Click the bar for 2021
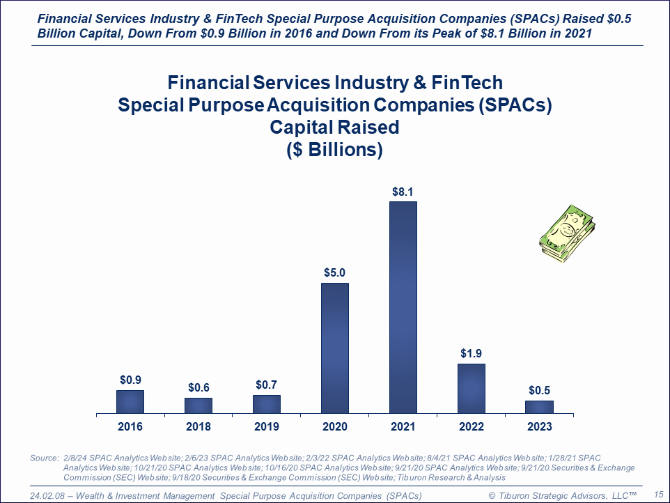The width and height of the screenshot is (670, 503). (403, 307)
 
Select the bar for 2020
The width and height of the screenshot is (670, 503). (334, 348)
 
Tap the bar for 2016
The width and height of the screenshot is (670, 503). (130, 401)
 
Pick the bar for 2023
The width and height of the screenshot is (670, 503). (539, 407)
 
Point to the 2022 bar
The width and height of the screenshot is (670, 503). (471, 388)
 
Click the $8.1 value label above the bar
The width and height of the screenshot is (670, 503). (403, 192)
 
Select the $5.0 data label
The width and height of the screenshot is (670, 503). (334, 273)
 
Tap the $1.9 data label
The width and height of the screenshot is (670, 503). (471, 354)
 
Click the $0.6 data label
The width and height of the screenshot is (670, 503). (198, 388)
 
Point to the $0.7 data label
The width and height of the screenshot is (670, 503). (266, 385)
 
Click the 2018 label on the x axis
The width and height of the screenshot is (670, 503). (198, 426)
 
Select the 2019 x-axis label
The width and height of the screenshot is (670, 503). (266, 426)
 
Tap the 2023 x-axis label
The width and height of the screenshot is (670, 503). (539, 426)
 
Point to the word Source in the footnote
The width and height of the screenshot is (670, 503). (44, 458)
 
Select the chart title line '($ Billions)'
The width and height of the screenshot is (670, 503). (334, 149)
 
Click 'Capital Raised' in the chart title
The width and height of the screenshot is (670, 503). (334, 127)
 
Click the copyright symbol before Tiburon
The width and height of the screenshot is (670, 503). (492, 495)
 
